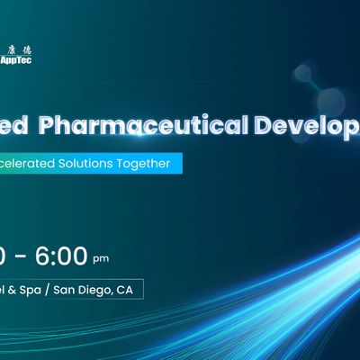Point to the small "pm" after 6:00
click(x=101, y=260)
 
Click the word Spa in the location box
click(x=36, y=293)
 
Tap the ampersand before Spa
click(x=16, y=293)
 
